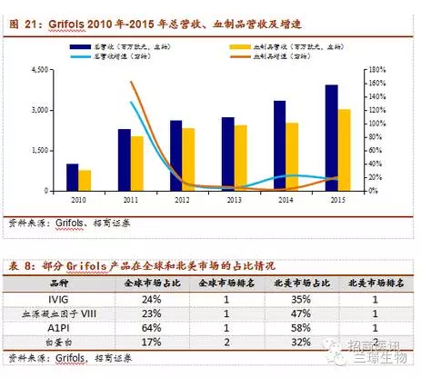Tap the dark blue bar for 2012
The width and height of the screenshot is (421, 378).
pyautogui.click(x=175, y=155)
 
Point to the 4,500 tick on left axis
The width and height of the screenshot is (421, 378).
pyautogui.click(x=38, y=69)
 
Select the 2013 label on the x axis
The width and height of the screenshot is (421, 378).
pyautogui.click(x=233, y=199)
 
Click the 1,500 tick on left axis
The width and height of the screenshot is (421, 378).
pyautogui.click(x=38, y=150)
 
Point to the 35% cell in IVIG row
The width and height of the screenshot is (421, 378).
pyautogui.click(x=293, y=297)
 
